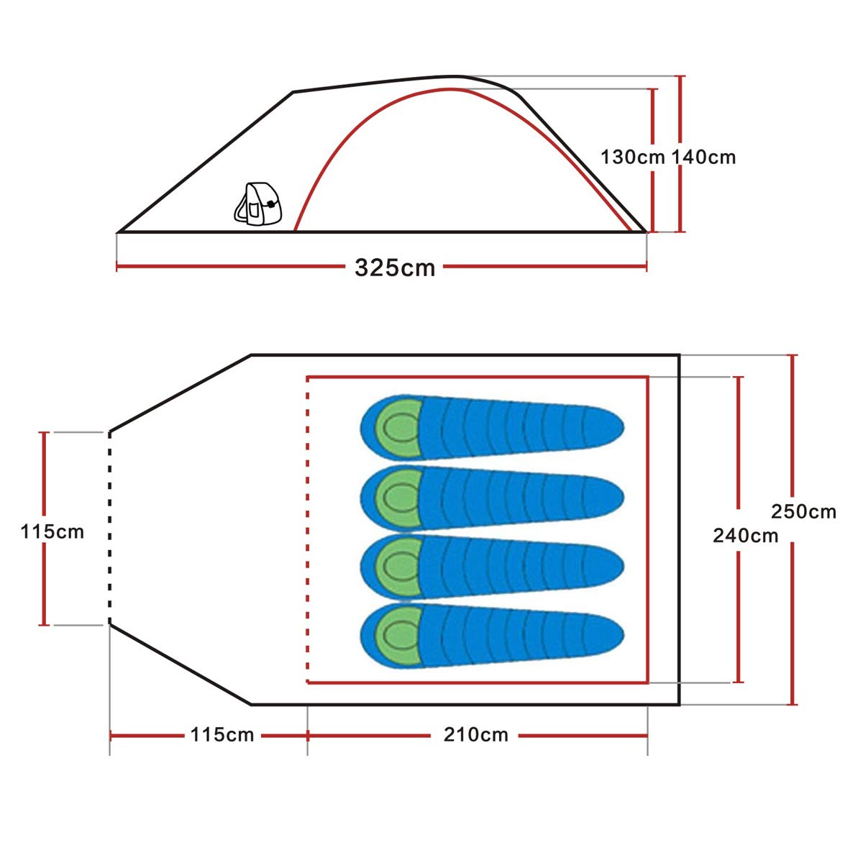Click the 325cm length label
(x=395, y=268)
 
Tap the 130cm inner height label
(x=631, y=157)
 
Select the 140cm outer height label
(x=704, y=157)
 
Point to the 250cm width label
(x=803, y=511)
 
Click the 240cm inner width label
(x=745, y=535)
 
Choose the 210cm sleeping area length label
(x=475, y=735)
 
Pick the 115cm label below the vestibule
(x=222, y=735)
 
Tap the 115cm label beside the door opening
(x=52, y=531)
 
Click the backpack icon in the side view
(x=258, y=204)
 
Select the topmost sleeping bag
(x=491, y=427)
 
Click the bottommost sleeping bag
(x=491, y=636)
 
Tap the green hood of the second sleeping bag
(x=396, y=497)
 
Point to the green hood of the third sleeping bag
(x=396, y=567)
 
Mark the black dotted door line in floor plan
(x=109, y=529)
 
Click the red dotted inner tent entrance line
(x=308, y=529)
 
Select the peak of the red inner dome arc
(x=451, y=89)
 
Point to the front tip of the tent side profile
(x=119, y=232)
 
